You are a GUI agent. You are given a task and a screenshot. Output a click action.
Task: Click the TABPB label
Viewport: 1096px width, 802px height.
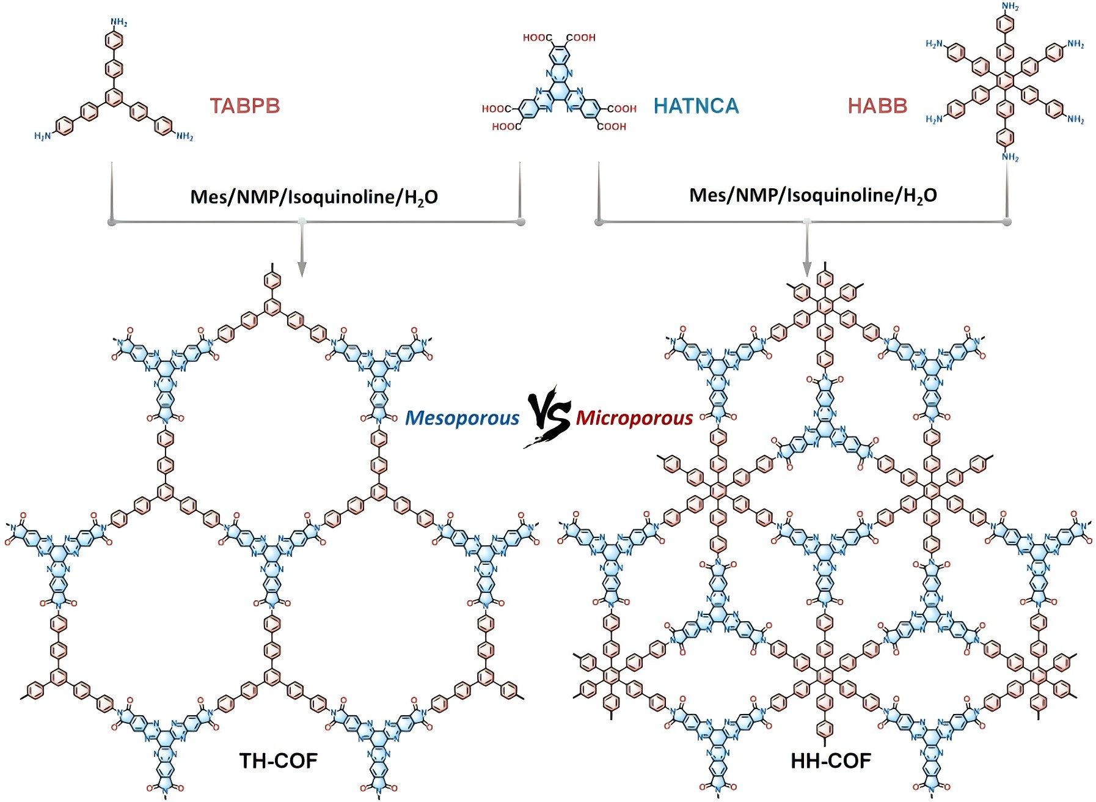(245, 106)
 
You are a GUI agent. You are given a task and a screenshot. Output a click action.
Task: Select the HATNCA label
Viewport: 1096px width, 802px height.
(696, 106)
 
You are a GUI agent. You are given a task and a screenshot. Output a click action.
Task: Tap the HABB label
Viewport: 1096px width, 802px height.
(877, 106)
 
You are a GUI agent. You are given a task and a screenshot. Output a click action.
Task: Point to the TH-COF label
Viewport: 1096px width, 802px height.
(279, 760)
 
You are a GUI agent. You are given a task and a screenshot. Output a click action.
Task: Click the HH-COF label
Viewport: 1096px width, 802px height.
(831, 760)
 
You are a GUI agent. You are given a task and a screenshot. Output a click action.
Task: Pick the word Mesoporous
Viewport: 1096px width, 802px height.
(462, 418)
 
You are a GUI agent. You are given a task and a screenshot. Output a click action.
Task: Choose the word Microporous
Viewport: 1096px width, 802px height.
(634, 418)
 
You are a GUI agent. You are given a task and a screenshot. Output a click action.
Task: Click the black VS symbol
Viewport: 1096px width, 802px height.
(547, 417)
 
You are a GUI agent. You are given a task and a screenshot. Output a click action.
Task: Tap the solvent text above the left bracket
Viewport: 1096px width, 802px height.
(314, 197)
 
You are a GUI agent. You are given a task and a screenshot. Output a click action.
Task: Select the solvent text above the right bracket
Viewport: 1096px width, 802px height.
(813, 196)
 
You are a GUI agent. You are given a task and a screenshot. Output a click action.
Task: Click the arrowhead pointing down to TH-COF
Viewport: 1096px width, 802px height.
(301, 269)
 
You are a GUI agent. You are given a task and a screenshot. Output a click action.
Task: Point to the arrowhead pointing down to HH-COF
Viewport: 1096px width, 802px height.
(807, 269)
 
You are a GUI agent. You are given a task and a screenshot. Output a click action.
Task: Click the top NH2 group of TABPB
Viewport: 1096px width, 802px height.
(119, 23)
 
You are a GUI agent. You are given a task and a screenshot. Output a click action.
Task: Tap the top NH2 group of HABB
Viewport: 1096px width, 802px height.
(1010, 7)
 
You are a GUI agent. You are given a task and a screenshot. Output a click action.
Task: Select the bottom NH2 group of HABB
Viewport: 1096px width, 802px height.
(1010, 157)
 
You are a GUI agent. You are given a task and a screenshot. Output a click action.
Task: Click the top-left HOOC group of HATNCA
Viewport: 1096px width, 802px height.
(538, 38)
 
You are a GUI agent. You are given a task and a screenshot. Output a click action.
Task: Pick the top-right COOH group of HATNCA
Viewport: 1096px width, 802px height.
(581, 38)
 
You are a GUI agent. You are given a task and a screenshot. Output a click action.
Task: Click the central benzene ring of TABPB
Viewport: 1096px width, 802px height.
(114, 97)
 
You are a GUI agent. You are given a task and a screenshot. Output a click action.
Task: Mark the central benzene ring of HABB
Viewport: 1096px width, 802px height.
(1005, 79)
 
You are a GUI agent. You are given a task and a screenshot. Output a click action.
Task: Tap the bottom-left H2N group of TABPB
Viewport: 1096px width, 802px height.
(43, 136)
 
